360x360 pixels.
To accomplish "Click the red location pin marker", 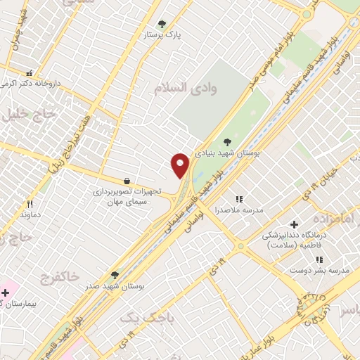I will click(181, 165).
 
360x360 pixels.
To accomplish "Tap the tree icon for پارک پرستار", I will click(162, 24).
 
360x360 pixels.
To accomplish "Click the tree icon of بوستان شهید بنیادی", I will click(226, 142).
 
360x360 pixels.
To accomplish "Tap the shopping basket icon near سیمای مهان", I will click(127, 181).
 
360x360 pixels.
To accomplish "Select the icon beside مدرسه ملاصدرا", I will click(238, 200).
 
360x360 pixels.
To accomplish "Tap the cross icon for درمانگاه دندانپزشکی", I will click(294, 224).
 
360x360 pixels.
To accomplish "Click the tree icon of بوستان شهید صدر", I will click(115, 275).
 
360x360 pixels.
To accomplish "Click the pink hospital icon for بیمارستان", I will click(6, 292).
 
